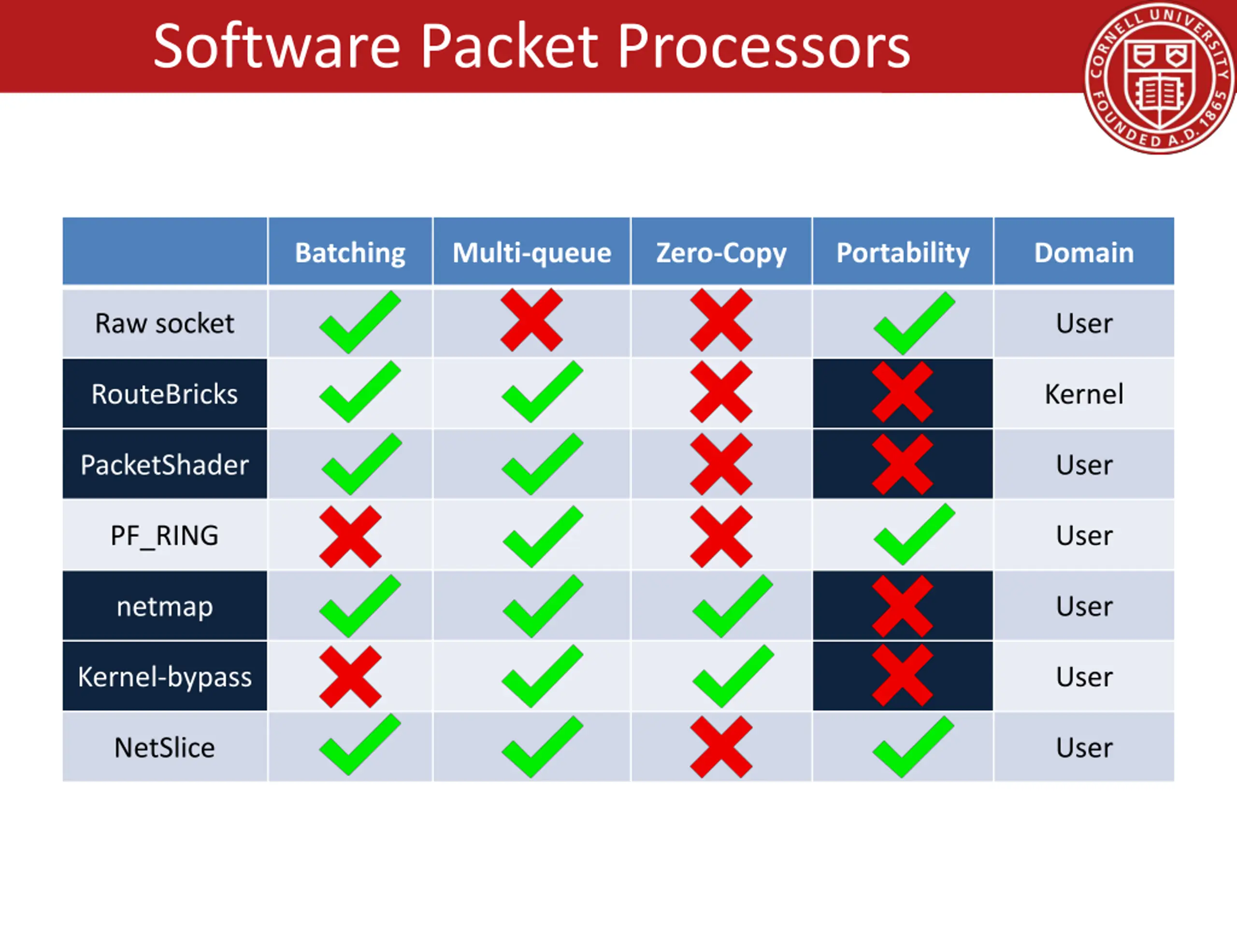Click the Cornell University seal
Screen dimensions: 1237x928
click(x=1160, y=78)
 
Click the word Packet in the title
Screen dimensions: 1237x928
click(x=509, y=47)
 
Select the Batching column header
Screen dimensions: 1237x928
click(x=350, y=253)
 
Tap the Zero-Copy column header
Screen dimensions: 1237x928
click(x=721, y=253)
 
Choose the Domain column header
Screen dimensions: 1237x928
click(x=1084, y=253)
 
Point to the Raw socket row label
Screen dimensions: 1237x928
click(x=164, y=323)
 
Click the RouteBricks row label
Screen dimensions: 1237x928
click(x=164, y=394)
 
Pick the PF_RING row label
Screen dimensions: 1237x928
click(x=164, y=536)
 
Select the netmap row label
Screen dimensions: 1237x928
click(x=164, y=607)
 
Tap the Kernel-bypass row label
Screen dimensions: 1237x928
click(x=164, y=677)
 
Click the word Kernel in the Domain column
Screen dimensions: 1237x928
click(x=1084, y=394)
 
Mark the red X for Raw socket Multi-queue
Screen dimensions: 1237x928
click(x=531, y=320)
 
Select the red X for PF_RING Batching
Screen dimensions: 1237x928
click(x=350, y=536)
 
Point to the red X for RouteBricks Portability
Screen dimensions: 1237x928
click(x=902, y=391)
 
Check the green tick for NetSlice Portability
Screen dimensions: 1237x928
click(x=913, y=747)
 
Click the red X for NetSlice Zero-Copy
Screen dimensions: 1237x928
click(x=721, y=747)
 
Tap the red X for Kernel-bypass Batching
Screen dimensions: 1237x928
click(x=350, y=677)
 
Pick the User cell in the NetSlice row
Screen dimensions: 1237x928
click(x=1084, y=748)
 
